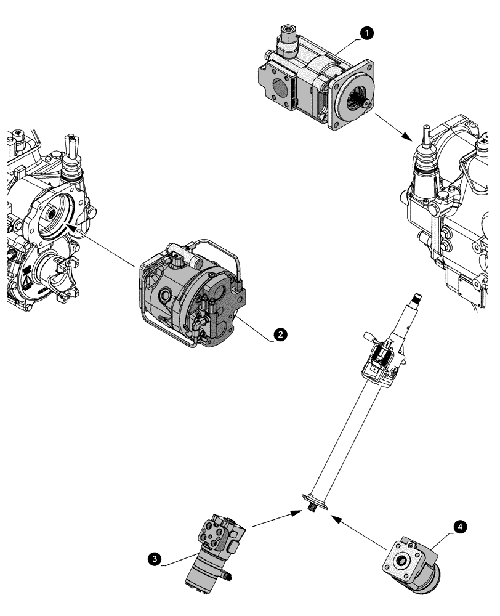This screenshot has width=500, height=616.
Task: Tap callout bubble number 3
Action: (156, 559)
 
